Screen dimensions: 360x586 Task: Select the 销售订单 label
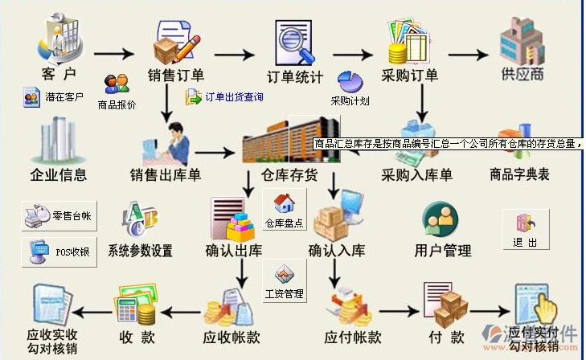174,76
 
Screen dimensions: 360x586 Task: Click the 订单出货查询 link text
234,97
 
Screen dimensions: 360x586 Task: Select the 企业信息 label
58,174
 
